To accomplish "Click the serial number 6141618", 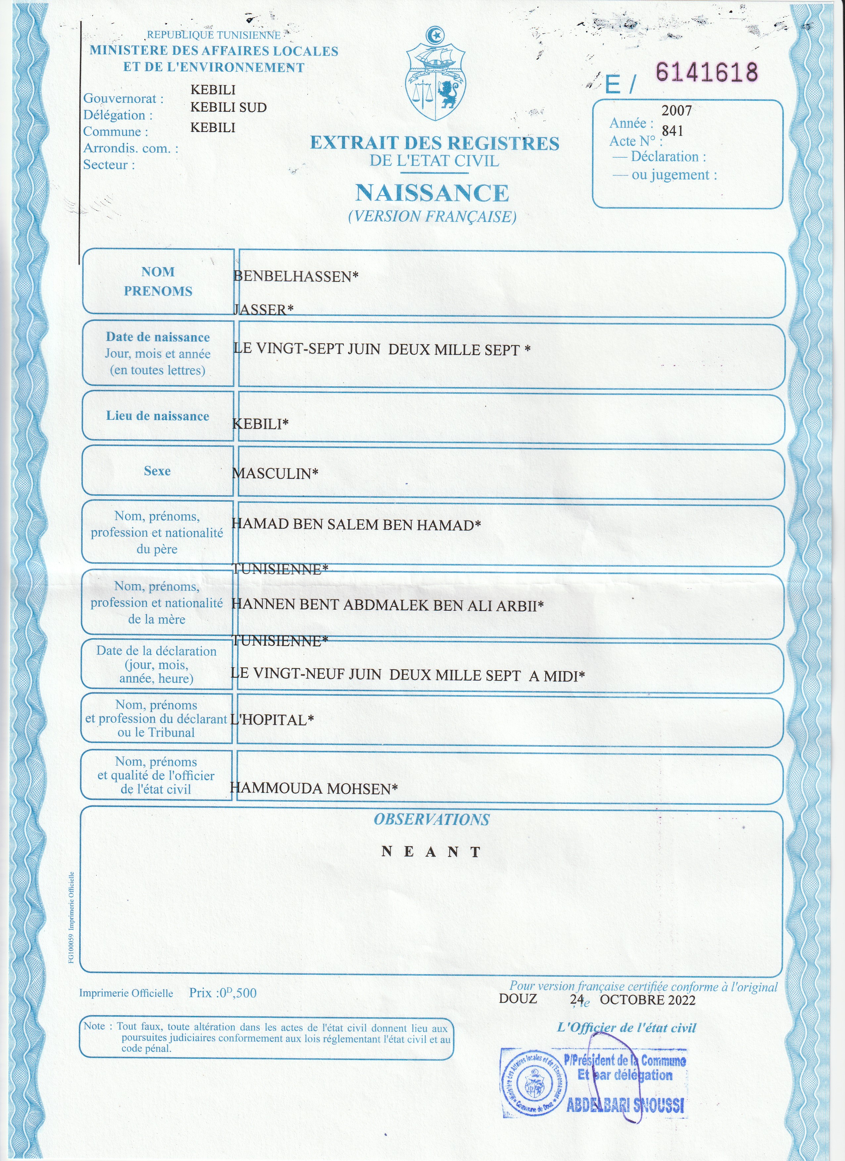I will point(706,72).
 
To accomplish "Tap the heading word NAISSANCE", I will point(432,193).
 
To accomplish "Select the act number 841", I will point(672,131).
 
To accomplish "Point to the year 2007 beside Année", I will point(676,111).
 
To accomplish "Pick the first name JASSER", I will point(263,309).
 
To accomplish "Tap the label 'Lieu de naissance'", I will point(158,416).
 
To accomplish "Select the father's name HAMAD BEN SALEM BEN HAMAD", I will point(356,525).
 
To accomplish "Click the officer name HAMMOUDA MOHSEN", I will point(313,788).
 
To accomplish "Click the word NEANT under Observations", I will point(431,852).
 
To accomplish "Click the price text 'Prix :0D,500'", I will point(223,993).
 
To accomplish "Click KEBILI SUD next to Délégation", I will point(229,107).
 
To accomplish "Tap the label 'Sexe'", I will point(157,471).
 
